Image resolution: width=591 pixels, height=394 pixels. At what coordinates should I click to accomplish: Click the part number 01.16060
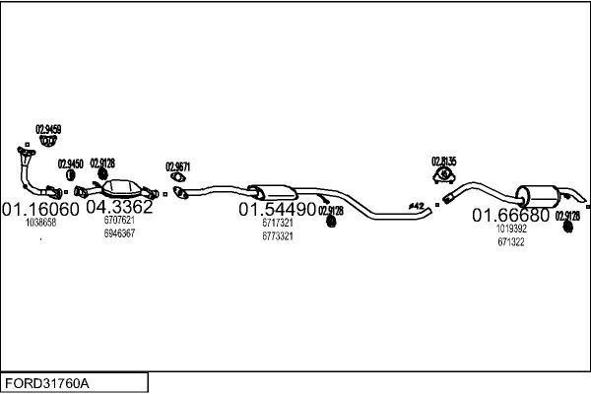[x=40, y=209]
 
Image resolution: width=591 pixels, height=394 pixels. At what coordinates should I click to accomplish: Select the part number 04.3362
[x=119, y=208]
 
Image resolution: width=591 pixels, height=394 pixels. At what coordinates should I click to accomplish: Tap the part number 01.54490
[x=277, y=210]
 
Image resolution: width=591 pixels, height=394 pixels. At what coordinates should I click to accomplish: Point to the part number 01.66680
[x=510, y=215]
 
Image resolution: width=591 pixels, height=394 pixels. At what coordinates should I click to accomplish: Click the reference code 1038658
[x=40, y=223]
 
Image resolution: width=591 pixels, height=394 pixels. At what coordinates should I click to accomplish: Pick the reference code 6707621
[x=119, y=221]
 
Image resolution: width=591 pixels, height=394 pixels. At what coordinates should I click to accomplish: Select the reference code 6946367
[x=119, y=233]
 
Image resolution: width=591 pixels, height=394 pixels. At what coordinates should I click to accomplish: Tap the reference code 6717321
[x=277, y=223]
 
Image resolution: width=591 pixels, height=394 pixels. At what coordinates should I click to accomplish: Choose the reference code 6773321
[x=277, y=235]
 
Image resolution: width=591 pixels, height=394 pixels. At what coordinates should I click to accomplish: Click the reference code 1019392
[x=511, y=229]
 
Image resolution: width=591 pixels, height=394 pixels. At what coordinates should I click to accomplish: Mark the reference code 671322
[x=511, y=241]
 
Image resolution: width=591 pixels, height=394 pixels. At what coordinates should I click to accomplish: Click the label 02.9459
[x=48, y=129]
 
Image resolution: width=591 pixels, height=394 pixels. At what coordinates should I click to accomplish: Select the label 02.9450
[x=70, y=164]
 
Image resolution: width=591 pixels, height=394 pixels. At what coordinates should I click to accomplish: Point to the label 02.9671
[x=177, y=166]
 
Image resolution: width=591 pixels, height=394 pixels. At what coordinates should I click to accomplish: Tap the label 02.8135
[x=443, y=161]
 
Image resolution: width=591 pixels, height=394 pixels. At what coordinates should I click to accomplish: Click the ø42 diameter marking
[x=416, y=206]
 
